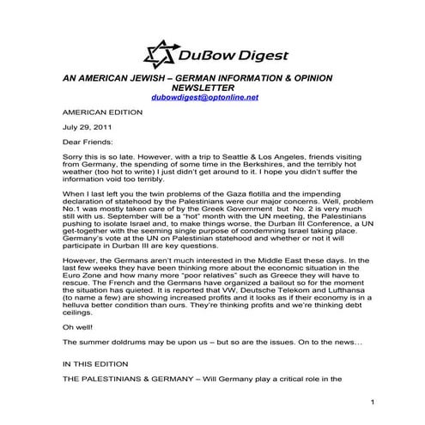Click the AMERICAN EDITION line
(97, 112)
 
